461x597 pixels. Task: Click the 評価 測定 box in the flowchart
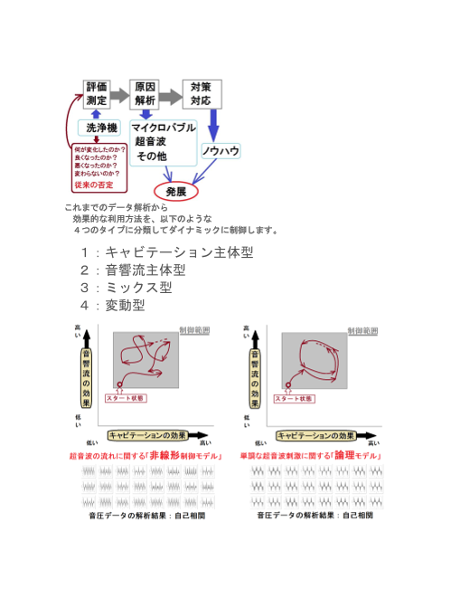pos(98,93)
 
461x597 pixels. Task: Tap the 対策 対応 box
pos(200,93)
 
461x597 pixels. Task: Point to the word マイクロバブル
pos(164,128)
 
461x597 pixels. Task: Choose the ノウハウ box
pos(221,151)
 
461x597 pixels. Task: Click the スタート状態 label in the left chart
pos(124,398)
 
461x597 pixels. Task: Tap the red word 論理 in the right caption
pos(343,456)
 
